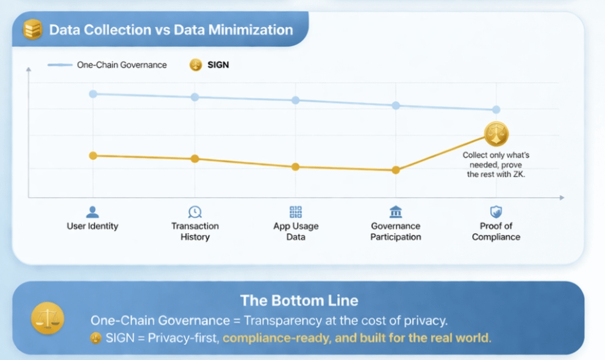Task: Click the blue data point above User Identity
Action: tap(93, 94)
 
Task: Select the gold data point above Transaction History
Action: tap(195, 159)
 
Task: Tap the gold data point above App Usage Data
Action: tap(296, 167)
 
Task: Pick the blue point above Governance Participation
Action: tap(396, 105)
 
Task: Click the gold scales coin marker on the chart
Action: tap(496, 134)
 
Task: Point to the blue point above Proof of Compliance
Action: tap(496, 110)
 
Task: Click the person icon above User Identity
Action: tap(92, 212)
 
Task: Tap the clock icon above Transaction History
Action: tap(195, 212)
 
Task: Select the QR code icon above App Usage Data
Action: tap(296, 212)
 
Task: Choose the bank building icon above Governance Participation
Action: tap(396, 212)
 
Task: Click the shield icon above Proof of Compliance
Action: tap(496, 212)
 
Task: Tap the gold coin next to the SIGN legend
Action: tap(195, 65)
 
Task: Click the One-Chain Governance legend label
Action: tap(121, 65)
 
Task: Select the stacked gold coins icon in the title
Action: tap(32, 29)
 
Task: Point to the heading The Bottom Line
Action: tap(299, 300)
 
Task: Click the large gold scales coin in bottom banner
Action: tap(48, 319)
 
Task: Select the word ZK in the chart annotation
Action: tap(517, 175)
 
